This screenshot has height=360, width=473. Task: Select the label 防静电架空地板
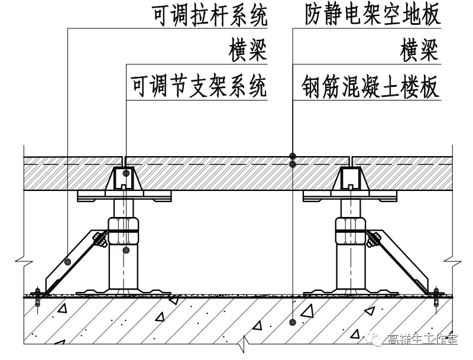[x=373, y=16]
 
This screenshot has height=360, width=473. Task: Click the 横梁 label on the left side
[x=248, y=51]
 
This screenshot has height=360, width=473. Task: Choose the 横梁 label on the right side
[x=420, y=51]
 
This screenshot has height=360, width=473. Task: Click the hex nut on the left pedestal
[x=124, y=225]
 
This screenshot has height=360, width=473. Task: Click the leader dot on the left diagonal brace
[x=69, y=261]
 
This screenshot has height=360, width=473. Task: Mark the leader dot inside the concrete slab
[x=293, y=322]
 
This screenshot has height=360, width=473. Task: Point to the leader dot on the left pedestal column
[x=125, y=250]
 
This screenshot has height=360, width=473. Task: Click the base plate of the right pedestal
[x=352, y=291]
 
